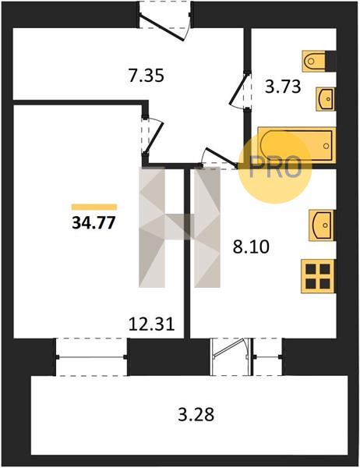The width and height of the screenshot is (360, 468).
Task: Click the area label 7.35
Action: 146,76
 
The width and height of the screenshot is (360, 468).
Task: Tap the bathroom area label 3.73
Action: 283,87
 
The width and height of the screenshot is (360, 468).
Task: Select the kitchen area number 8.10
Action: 251,246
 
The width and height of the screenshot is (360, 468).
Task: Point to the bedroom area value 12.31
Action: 151,324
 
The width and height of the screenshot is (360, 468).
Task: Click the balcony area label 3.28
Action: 196,415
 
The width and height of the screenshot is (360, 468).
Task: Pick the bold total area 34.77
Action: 94,222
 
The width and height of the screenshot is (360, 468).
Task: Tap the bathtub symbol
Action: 296,145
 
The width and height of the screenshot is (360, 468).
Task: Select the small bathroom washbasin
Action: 326,99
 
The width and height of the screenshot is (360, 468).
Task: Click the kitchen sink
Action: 322,225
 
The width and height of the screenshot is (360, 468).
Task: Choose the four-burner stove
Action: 318,276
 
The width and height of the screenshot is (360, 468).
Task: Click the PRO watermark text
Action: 275,168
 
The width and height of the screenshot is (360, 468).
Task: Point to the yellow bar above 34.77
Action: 94,207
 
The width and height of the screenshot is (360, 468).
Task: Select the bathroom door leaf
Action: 239,89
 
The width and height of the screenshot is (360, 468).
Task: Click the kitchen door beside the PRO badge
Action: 221,157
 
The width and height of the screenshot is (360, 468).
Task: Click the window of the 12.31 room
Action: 92,357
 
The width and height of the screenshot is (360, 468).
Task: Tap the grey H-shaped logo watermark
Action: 179,228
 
